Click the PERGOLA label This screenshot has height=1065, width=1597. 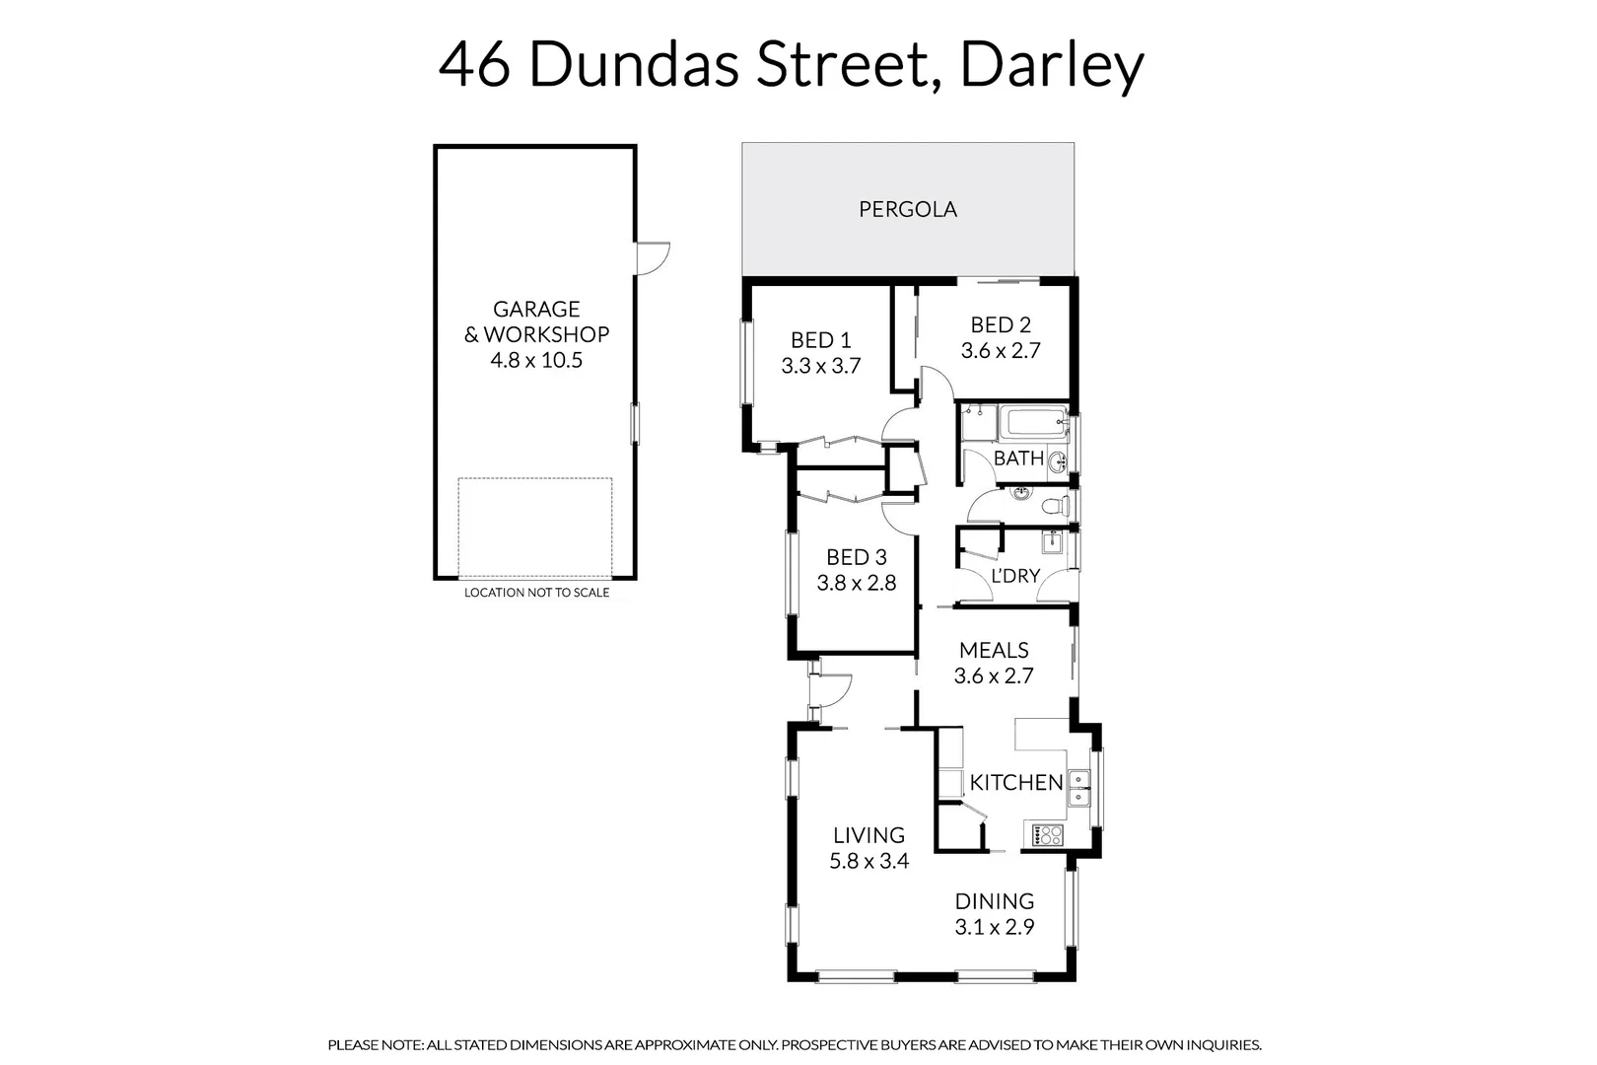907,209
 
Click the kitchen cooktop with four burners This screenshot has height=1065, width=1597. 1047,835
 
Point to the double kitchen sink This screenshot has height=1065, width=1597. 1080,788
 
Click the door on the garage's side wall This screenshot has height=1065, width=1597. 652,258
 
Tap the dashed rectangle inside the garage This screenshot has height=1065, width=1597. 534,528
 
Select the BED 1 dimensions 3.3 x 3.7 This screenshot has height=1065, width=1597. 820,366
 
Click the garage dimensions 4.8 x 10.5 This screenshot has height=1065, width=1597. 536,360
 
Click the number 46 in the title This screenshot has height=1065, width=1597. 474,66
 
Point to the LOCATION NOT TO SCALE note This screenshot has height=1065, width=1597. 536,593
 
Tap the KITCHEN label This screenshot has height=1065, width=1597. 1015,783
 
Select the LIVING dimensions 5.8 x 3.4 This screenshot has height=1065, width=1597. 868,861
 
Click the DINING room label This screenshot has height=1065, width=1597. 994,901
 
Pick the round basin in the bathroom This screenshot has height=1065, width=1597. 1057,461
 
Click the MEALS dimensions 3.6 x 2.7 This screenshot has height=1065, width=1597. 993,675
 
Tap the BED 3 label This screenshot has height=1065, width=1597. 856,557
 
